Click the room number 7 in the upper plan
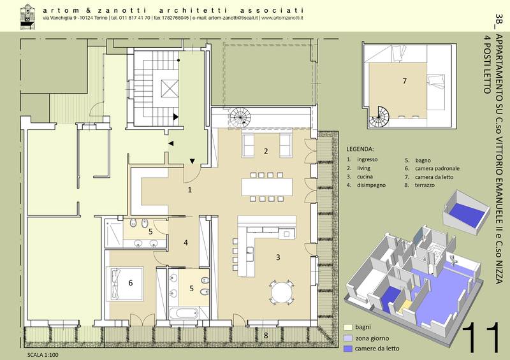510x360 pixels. point(405,81)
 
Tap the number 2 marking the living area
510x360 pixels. point(266,151)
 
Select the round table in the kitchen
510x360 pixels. point(282,292)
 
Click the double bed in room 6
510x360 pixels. point(125,284)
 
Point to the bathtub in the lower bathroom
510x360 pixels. point(184,313)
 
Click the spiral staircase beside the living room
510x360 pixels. point(240,117)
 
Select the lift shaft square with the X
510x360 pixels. point(170,88)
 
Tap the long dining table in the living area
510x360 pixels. point(267,187)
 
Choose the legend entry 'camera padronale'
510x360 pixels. point(437,168)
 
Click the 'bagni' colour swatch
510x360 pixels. point(348,328)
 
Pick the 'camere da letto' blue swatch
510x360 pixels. point(348,349)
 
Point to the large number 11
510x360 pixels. point(481,337)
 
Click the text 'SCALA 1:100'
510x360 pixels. point(43,355)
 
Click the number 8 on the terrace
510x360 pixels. point(266,335)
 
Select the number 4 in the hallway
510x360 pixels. point(186,243)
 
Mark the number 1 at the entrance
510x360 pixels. point(190,190)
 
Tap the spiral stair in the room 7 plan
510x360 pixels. point(379,117)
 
